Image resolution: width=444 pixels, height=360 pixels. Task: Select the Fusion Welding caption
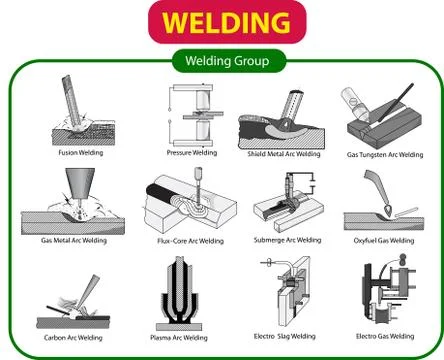click(x=79, y=154)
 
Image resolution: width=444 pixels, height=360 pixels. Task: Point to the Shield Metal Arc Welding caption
click(x=283, y=155)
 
